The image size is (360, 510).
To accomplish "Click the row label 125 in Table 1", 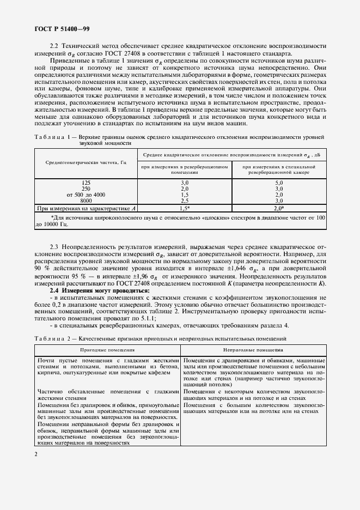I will click(86, 183).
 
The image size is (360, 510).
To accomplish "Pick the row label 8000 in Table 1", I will click(86, 201).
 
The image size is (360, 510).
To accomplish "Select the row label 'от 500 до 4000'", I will click(86, 195).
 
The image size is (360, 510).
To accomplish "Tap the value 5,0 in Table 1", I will click(279, 183).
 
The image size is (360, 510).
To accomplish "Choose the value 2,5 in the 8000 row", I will click(184, 201).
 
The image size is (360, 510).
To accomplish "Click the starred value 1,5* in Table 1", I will click(185, 208).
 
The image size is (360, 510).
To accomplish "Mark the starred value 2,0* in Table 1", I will click(279, 208).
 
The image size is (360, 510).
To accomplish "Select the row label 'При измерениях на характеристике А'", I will click(86, 208).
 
